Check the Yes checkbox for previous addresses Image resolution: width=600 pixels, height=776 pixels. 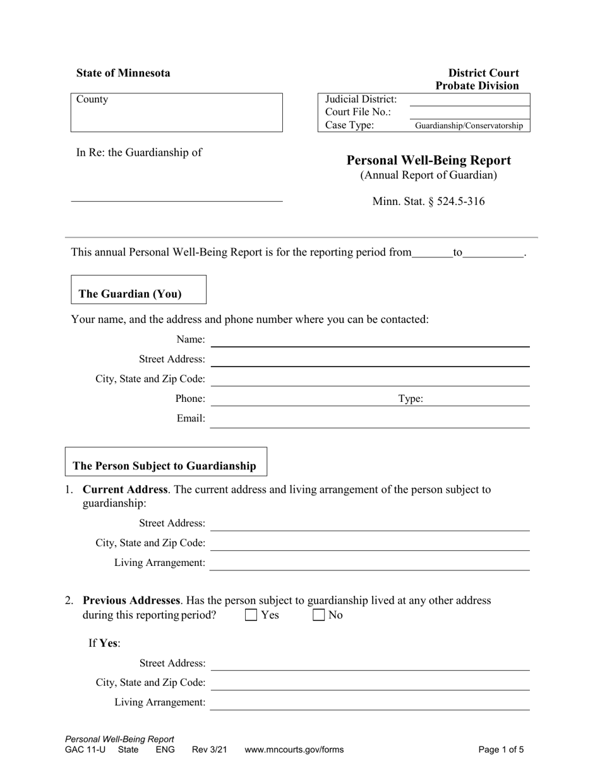251,614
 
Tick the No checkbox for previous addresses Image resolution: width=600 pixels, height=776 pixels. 319,614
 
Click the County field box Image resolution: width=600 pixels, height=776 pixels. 176,113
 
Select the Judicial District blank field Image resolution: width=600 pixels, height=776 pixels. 469,100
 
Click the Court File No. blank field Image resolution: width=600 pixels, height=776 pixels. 469,112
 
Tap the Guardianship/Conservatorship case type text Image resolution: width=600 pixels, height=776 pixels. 469,126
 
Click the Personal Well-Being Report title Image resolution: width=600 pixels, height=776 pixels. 429,160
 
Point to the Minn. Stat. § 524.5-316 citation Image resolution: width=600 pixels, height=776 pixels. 429,202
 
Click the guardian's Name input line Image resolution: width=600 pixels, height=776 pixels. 369,340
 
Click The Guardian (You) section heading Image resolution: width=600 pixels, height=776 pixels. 129,294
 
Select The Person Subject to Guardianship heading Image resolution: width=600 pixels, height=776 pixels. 164,466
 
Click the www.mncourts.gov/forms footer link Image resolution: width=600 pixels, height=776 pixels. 294,750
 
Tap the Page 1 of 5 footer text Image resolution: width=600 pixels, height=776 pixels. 501,750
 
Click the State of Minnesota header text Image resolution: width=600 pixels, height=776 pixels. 123,73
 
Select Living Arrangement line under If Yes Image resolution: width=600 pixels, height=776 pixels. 369,703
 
